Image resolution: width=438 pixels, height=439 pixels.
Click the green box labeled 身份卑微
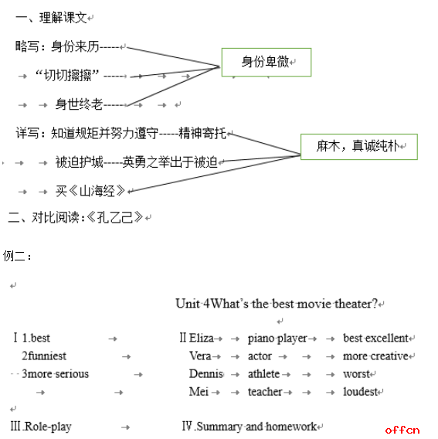(x=267, y=62)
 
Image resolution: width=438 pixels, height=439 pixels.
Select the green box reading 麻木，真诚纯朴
(x=359, y=147)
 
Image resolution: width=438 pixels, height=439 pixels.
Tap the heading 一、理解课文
(x=52, y=18)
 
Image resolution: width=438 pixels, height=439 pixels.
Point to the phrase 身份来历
(x=75, y=46)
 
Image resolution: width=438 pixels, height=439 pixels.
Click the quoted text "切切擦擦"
(x=67, y=75)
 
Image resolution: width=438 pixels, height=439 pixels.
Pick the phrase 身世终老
(x=79, y=104)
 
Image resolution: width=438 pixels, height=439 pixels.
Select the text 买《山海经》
(x=90, y=191)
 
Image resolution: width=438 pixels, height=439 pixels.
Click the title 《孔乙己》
(x=115, y=217)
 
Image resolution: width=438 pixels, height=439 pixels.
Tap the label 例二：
(x=17, y=256)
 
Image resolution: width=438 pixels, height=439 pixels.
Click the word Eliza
(x=201, y=338)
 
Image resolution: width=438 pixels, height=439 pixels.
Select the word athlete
(x=263, y=374)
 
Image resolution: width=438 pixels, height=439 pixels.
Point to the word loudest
(x=361, y=392)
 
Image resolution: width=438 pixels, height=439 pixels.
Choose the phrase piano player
(x=277, y=339)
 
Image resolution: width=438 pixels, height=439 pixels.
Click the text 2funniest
(x=44, y=356)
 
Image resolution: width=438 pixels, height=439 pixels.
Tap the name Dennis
(x=206, y=374)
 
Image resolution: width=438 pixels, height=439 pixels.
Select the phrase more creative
(x=375, y=356)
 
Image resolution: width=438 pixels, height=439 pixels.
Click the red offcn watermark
(x=402, y=430)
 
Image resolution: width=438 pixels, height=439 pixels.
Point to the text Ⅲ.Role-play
(x=41, y=427)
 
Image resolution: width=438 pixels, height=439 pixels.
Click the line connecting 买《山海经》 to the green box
(x=215, y=174)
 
